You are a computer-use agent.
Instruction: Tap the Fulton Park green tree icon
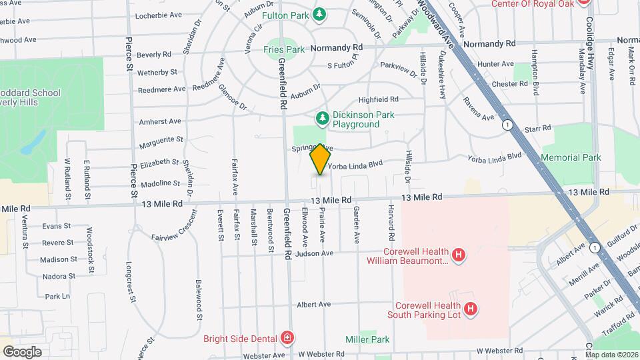[321, 14]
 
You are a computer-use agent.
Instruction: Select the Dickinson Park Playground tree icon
[323, 119]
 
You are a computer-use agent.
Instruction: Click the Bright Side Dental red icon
[287, 337]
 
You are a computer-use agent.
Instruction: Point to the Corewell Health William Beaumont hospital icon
[458, 255]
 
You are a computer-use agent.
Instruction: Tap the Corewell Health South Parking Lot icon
[471, 309]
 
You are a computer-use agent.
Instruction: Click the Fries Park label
[283, 49]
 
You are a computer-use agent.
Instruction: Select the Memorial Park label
[572, 157]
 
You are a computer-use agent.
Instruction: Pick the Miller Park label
[367, 339]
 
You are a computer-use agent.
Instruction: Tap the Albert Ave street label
[314, 304]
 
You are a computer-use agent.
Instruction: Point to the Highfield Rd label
[378, 99]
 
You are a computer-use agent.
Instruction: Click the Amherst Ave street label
[160, 121]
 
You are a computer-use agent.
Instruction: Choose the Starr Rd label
[537, 127]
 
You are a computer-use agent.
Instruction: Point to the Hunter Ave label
[495, 64]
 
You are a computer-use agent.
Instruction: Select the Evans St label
[56, 226]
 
